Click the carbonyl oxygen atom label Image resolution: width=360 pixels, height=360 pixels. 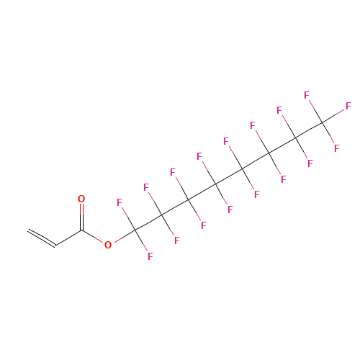point(81,199)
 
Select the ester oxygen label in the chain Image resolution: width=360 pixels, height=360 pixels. point(108,245)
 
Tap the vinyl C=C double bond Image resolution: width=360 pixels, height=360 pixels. point(42,238)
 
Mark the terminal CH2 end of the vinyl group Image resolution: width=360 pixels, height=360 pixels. point(28,231)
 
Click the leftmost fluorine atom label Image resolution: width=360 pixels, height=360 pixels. point(120,202)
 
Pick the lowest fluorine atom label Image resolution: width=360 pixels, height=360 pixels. point(150,256)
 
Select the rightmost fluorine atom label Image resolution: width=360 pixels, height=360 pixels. point(348,106)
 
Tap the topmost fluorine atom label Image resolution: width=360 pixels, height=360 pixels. point(307,95)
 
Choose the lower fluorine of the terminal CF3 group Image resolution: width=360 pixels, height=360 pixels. point(337,148)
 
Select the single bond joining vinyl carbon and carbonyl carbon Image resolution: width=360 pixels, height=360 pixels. point(68,238)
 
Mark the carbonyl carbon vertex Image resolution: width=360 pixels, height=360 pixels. point(81,230)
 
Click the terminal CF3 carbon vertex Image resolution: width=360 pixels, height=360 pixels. point(322,122)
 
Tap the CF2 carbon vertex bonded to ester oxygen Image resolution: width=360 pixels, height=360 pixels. point(135,230)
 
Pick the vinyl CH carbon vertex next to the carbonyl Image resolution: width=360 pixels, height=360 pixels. point(55,246)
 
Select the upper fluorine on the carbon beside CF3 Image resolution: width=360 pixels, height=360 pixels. point(279,110)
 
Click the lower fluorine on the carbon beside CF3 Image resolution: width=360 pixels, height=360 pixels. point(310,163)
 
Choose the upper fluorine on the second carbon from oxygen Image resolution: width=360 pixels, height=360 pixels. point(146,187)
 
